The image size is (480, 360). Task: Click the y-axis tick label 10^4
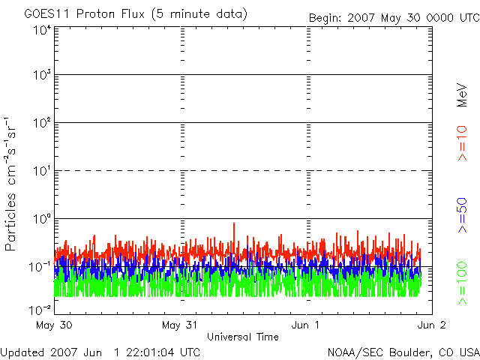pyautogui.click(x=41, y=31)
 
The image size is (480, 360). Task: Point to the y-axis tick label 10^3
pyautogui.click(x=41, y=76)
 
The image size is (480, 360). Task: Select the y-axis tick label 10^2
pyautogui.click(x=41, y=123)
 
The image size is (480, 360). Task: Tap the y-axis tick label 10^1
pyautogui.click(x=41, y=171)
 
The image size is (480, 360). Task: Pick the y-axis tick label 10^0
pyautogui.click(x=41, y=219)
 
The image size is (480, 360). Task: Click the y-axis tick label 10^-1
pyautogui.click(x=40, y=266)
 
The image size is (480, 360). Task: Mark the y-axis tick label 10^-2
pyautogui.click(x=40, y=309)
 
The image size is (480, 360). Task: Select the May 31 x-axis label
pyautogui.click(x=180, y=325)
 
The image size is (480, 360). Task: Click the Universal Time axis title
pyautogui.click(x=243, y=337)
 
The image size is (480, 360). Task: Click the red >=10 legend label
pyautogui.click(x=463, y=143)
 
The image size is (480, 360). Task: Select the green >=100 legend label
pyautogui.click(x=463, y=283)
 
